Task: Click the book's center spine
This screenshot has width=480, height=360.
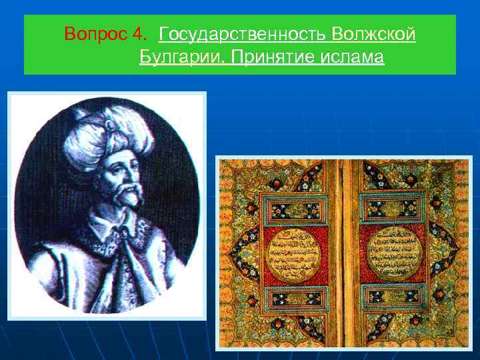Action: coord(345,253)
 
